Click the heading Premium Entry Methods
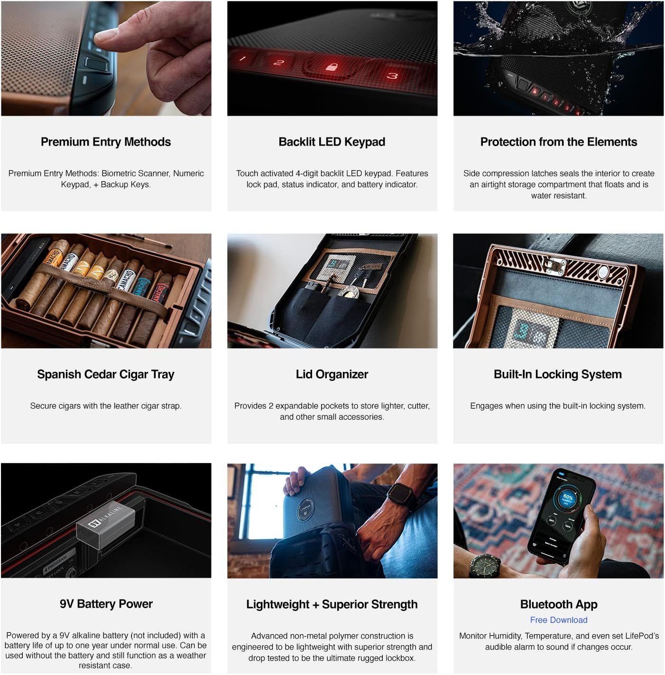point(105,142)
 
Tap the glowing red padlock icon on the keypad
point(332,66)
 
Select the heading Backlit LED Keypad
point(332,142)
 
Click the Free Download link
point(558,620)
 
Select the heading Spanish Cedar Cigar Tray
point(105,374)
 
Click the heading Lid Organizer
point(332,374)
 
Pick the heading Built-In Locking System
point(558,374)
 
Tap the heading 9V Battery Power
point(106,604)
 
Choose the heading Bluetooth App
point(558,604)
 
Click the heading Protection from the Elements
point(558,142)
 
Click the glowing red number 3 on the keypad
point(392,76)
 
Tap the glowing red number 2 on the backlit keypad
point(278,63)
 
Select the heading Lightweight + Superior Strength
point(332,604)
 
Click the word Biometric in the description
point(118,174)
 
